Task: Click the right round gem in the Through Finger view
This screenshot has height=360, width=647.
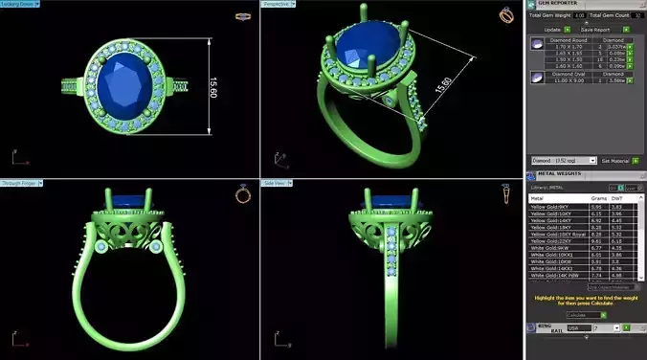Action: (x=156, y=247)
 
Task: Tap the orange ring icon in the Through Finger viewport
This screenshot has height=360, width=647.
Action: (x=243, y=194)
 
